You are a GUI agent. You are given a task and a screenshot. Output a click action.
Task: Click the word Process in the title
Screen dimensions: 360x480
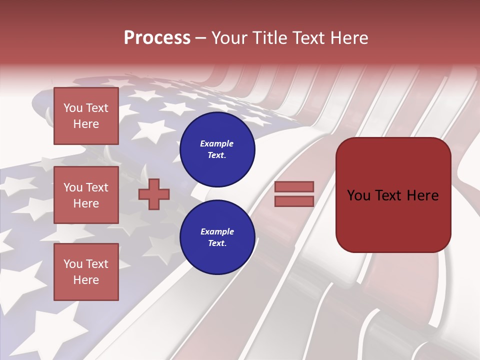(x=157, y=38)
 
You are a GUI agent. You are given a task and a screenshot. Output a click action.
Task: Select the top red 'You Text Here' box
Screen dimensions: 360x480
(x=86, y=116)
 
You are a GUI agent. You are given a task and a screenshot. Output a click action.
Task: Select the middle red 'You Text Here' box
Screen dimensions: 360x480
(x=86, y=195)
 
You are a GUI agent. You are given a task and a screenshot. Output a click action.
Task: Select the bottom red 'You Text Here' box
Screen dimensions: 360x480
(x=86, y=271)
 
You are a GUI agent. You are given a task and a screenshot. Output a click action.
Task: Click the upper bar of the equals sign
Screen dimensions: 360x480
(x=294, y=187)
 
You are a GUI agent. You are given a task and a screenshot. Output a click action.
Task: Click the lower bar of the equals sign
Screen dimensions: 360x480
(x=294, y=201)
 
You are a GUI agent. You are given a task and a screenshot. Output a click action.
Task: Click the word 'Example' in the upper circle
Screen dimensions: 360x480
(x=217, y=143)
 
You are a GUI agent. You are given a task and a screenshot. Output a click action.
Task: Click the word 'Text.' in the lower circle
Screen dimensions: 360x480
(x=217, y=243)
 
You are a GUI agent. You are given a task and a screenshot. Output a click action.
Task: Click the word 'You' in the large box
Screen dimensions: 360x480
(x=358, y=195)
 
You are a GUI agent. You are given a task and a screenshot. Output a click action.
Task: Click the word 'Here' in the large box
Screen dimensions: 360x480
(x=422, y=195)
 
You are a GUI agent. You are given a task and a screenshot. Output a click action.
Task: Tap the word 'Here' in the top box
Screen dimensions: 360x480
(x=86, y=124)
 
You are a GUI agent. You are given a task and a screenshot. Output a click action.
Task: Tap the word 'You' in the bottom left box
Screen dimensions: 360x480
(x=73, y=264)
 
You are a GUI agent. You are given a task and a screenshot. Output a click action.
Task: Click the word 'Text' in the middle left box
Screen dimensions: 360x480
(x=97, y=187)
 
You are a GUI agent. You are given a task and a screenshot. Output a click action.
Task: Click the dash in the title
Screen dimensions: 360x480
(x=201, y=38)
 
